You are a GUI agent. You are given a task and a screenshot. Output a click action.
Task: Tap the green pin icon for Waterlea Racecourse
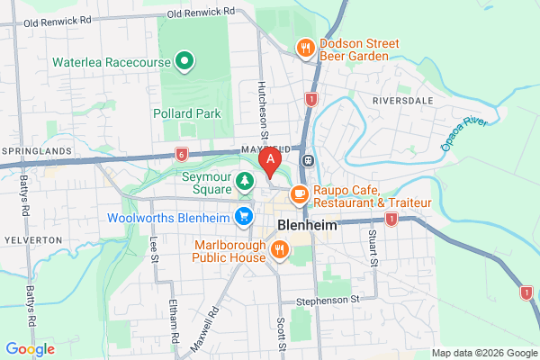pyautogui.click(x=184, y=62)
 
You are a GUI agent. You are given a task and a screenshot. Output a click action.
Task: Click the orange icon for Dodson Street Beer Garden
pyautogui.click(x=306, y=48)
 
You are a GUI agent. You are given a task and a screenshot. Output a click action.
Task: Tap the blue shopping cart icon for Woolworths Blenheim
pyautogui.click(x=243, y=216)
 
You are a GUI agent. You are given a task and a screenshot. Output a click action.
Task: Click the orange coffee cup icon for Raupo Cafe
pyautogui.click(x=299, y=193)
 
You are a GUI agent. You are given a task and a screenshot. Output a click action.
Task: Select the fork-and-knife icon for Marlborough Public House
pyautogui.click(x=279, y=249)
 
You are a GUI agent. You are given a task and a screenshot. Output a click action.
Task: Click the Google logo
pyautogui.click(x=30, y=348)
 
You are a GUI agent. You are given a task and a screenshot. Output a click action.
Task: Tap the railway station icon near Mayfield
pyautogui.click(x=309, y=160)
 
